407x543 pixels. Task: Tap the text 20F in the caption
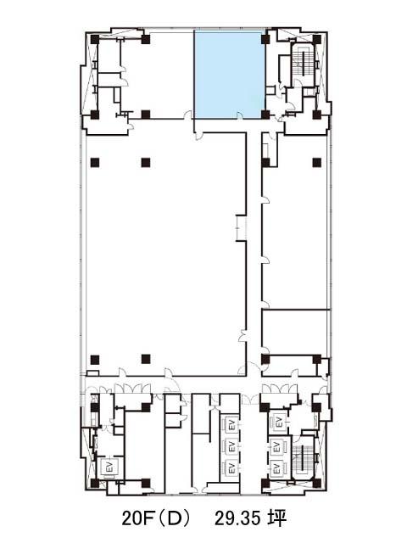pos(137,518)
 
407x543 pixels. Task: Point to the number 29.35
pos(237,518)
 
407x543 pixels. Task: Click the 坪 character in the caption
pos(277,518)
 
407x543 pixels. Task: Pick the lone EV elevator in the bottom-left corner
pos(110,467)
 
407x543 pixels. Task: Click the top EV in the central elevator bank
pos(231,424)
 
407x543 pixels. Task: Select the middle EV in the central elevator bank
pos(231,446)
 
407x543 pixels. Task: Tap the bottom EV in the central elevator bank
pos(231,468)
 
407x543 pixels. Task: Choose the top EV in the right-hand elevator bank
pos(279,423)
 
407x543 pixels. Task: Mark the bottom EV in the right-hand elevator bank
pos(277,469)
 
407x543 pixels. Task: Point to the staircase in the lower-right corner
pos(303,457)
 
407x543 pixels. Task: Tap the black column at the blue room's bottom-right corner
pos(265,115)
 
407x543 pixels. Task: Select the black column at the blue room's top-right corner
pos(265,39)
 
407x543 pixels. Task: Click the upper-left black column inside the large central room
pos(95,162)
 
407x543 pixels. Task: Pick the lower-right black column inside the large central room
pos(146,359)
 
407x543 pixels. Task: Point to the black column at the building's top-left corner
pos(95,39)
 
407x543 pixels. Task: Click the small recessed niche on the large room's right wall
pos(241,228)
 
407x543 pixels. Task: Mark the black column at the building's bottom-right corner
pos(316,483)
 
